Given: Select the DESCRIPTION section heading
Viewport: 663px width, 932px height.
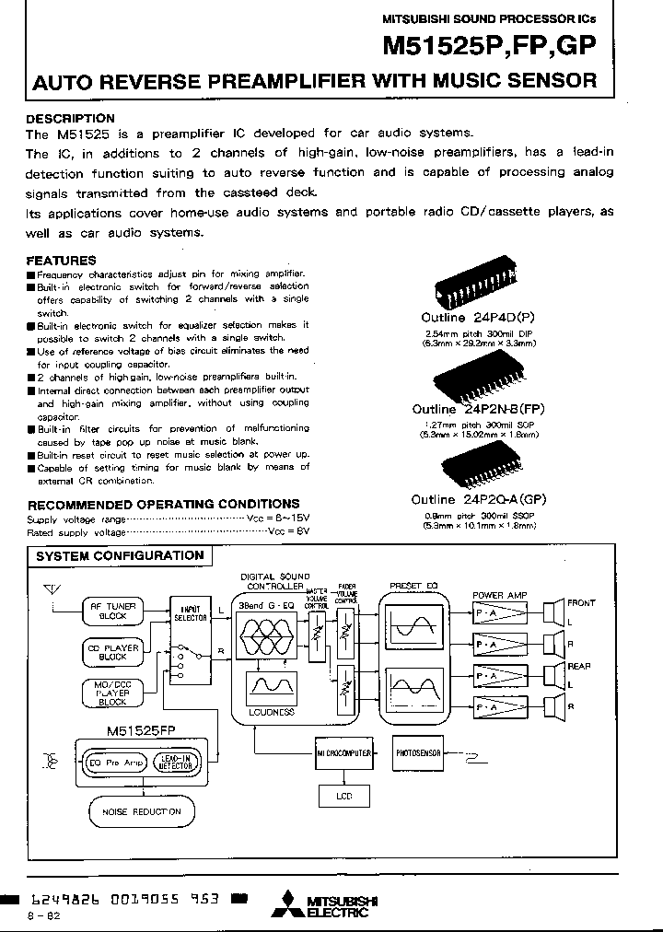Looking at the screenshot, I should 70,119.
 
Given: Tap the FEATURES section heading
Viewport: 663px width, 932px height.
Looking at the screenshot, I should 61,261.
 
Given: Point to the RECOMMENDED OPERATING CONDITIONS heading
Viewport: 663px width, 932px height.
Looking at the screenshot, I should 163,504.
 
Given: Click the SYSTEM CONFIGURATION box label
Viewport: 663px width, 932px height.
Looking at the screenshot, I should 120,556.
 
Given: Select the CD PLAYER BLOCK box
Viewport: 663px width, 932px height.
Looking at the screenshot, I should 112,652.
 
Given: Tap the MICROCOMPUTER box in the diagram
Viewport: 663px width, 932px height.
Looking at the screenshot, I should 343,752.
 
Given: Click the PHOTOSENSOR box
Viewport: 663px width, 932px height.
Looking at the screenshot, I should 419,752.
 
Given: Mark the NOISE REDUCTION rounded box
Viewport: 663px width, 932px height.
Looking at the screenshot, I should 135,811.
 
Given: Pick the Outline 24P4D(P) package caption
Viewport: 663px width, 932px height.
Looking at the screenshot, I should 479,319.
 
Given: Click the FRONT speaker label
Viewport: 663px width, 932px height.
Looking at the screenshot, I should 581,603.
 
